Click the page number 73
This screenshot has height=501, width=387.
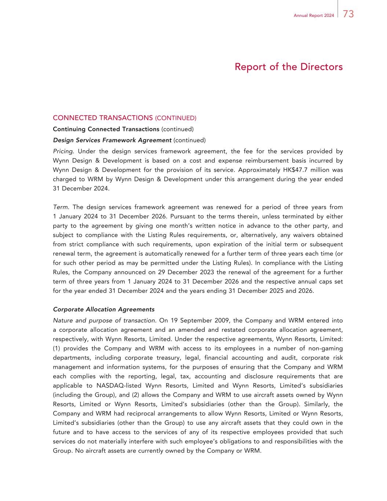pyautogui.click(x=348, y=14)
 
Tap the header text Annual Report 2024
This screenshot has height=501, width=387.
pyautogui.click(x=314, y=15)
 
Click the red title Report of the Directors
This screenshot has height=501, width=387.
pyautogui.click(x=288, y=67)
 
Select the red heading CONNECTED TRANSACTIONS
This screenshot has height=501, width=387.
pyautogui.click(x=103, y=118)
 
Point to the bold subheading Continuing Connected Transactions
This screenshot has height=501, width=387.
pyautogui.click(x=106, y=129)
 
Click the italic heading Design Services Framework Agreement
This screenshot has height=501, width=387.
pyautogui.click(x=112, y=140)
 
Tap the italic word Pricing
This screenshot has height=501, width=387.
pyautogui.click(x=63, y=151)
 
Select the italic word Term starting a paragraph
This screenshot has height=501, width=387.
pyautogui.click(x=60, y=207)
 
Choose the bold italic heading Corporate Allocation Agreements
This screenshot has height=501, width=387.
pyautogui.click(x=104, y=309)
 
